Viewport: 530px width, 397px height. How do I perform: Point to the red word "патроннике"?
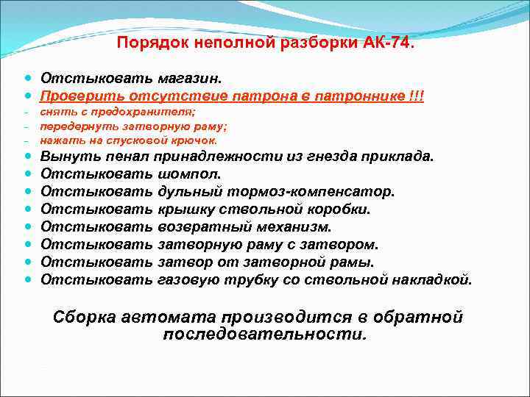[x=362, y=96]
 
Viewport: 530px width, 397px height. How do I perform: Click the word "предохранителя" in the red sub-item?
[x=154, y=112]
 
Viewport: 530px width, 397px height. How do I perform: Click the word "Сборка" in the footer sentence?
[x=83, y=318]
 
